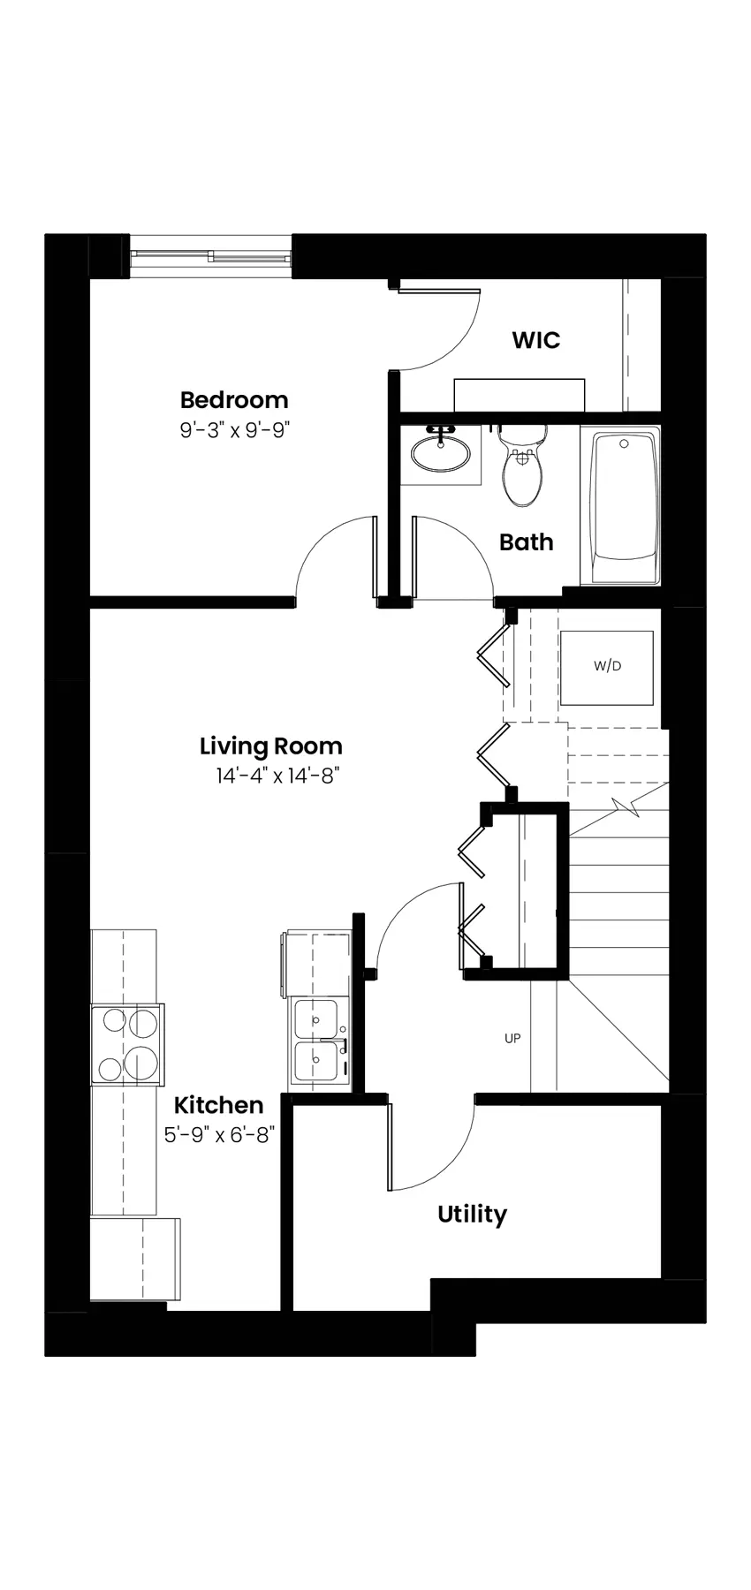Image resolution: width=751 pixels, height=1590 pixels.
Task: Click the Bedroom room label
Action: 234,399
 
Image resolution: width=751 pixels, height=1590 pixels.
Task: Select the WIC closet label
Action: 536,340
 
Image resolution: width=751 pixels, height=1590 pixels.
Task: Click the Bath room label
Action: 527,541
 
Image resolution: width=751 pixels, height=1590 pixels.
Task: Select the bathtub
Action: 623,507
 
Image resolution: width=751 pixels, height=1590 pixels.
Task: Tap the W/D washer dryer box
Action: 607,667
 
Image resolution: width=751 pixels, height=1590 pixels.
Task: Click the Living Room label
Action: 270,746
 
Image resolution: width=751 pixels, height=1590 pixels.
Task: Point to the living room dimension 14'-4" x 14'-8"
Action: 277,776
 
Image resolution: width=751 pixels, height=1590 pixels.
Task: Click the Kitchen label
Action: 218,1105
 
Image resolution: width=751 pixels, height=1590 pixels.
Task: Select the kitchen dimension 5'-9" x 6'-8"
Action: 220,1135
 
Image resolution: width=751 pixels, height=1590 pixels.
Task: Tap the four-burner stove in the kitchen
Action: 128,1044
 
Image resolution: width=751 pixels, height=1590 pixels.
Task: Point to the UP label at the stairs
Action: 512,1039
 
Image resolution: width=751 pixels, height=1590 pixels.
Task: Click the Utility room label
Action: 472,1215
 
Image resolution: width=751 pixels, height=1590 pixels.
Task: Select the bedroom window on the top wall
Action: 211,256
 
